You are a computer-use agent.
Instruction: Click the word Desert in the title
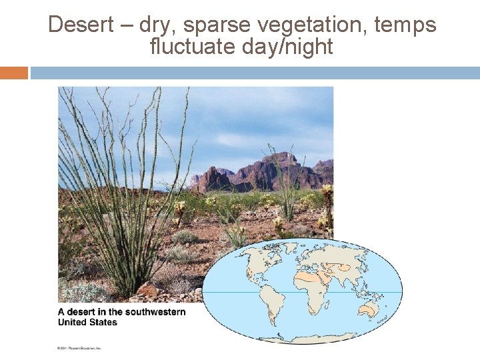(x=82, y=25)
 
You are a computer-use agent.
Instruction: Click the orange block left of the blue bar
(x=14, y=73)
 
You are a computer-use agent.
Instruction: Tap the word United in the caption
(x=71, y=322)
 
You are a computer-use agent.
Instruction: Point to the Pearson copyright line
(x=79, y=348)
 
